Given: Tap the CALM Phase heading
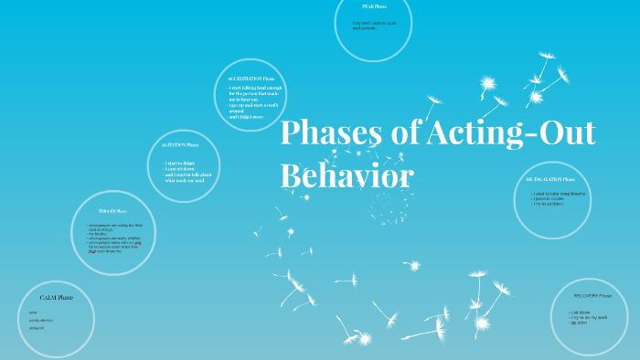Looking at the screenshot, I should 56,297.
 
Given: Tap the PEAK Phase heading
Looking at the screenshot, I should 375,6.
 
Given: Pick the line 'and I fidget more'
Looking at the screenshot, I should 247,117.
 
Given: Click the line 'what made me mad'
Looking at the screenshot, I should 187,180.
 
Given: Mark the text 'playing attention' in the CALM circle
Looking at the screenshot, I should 42,321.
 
